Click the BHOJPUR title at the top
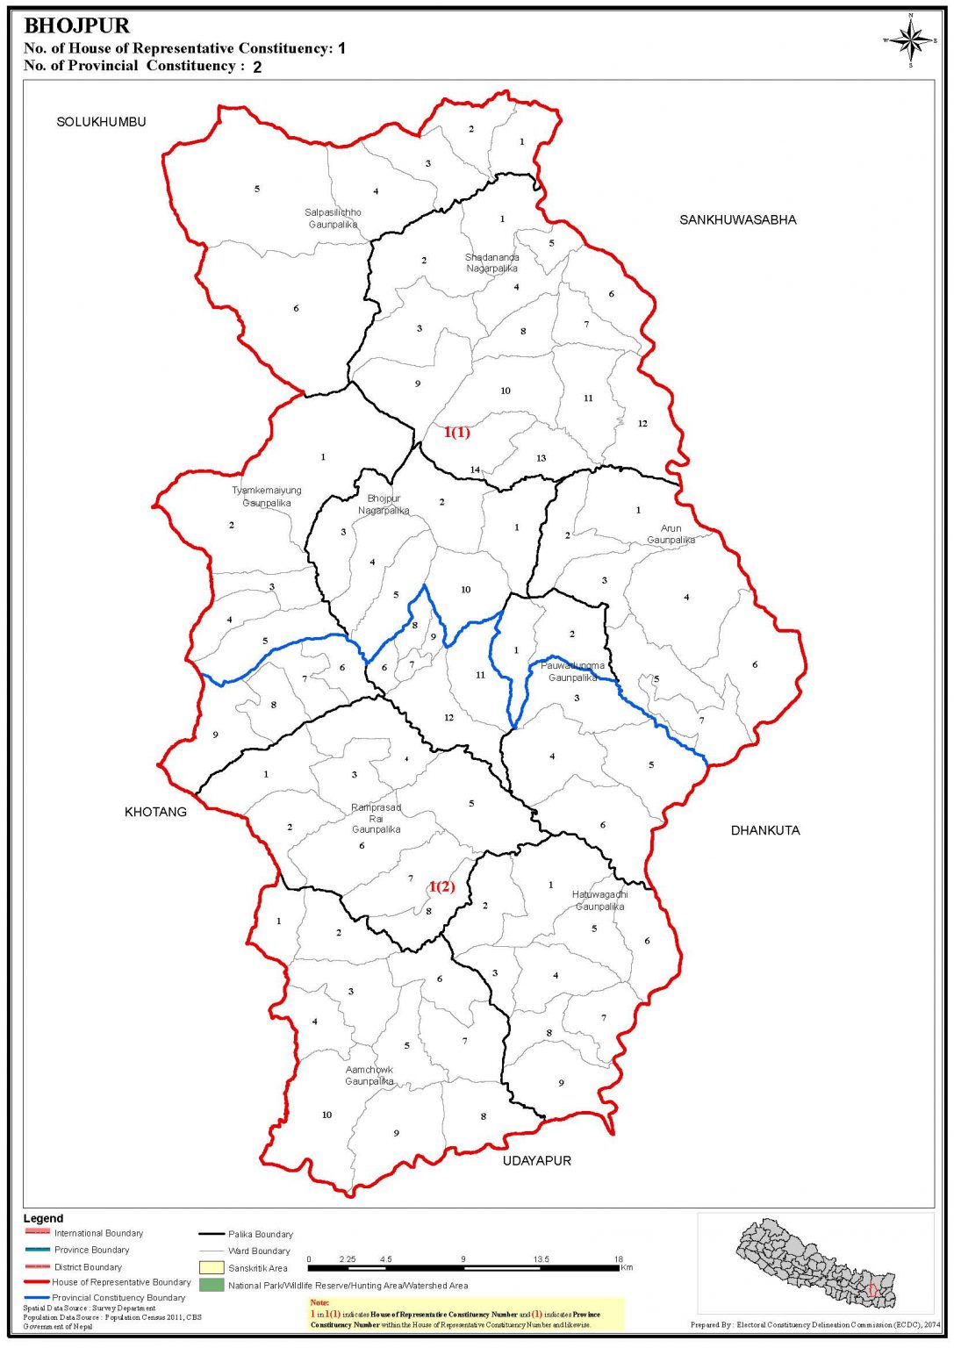click(x=76, y=26)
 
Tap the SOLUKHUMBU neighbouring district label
click(x=101, y=122)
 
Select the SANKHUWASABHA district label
click(x=737, y=219)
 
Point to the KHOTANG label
click(x=155, y=812)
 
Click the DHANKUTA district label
click(x=765, y=830)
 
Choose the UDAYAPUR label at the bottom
click(x=536, y=1160)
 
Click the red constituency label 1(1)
click(x=456, y=432)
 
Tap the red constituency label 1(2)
click(x=441, y=886)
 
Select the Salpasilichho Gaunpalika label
click(x=333, y=219)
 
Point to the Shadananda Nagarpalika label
click(x=491, y=262)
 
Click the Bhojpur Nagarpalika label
click(x=384, y=505)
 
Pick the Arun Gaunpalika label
click(x=671, y=534)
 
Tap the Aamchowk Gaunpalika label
click(x=369, y=1076)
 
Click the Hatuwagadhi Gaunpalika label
click(x=599, y=900)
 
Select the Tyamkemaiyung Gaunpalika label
click(x=267, y=497)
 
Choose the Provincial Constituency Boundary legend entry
click(x=118, y=1297)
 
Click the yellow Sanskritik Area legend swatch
click(x=212, y=1268)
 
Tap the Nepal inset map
click(x=815, y=1263)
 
